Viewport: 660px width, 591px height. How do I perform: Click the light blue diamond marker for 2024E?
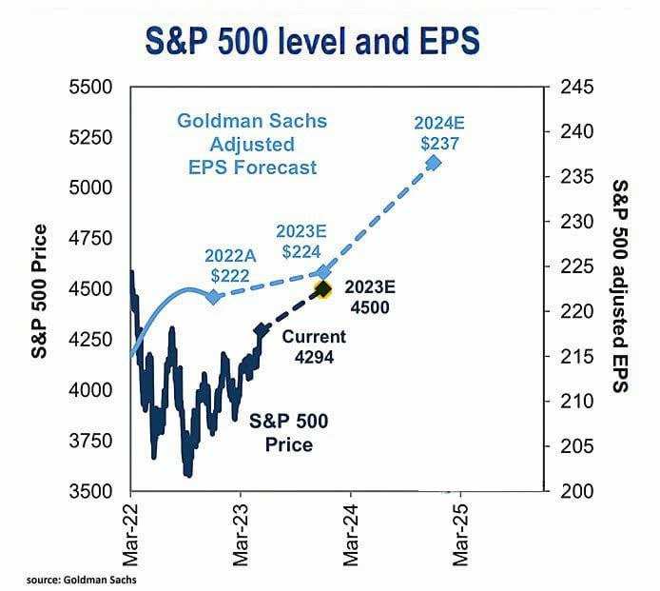[x=434, y=163]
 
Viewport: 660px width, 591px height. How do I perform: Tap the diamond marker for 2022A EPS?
[x=213, y=297]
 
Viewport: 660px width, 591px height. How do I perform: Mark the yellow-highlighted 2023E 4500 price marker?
[x=322, y=288]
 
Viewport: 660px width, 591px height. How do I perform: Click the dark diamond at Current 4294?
[x=261, y=330]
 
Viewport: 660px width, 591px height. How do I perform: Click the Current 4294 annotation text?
[x=314, y=346]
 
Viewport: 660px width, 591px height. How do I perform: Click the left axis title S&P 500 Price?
[x=41, y=289]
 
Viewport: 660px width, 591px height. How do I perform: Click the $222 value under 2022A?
[x=230, y=275]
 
